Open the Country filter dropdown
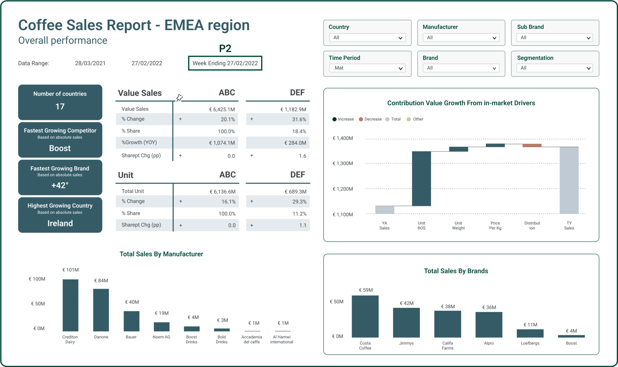coord(367,38)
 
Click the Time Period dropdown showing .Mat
coord(367,68)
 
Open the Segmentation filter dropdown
coord(555,68)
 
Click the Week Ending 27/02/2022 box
coord(225,63)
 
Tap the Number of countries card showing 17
coord(60,102)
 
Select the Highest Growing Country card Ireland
coord(60,215)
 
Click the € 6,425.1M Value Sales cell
coord(222,110)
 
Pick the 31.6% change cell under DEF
coord(299,120)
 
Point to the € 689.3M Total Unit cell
coord(295,192)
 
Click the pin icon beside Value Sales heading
coord(180,97)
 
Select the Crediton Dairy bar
coord(70,305)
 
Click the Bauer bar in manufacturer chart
coord(131,321)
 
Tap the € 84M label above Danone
coord(101,281)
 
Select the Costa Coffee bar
coord(365,316)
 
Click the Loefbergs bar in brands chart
coord(530,333)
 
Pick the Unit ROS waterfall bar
coord(421,179)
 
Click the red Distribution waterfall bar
coord(532,145)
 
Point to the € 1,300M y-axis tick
coord(342,164)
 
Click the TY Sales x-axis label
coord(569,225)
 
